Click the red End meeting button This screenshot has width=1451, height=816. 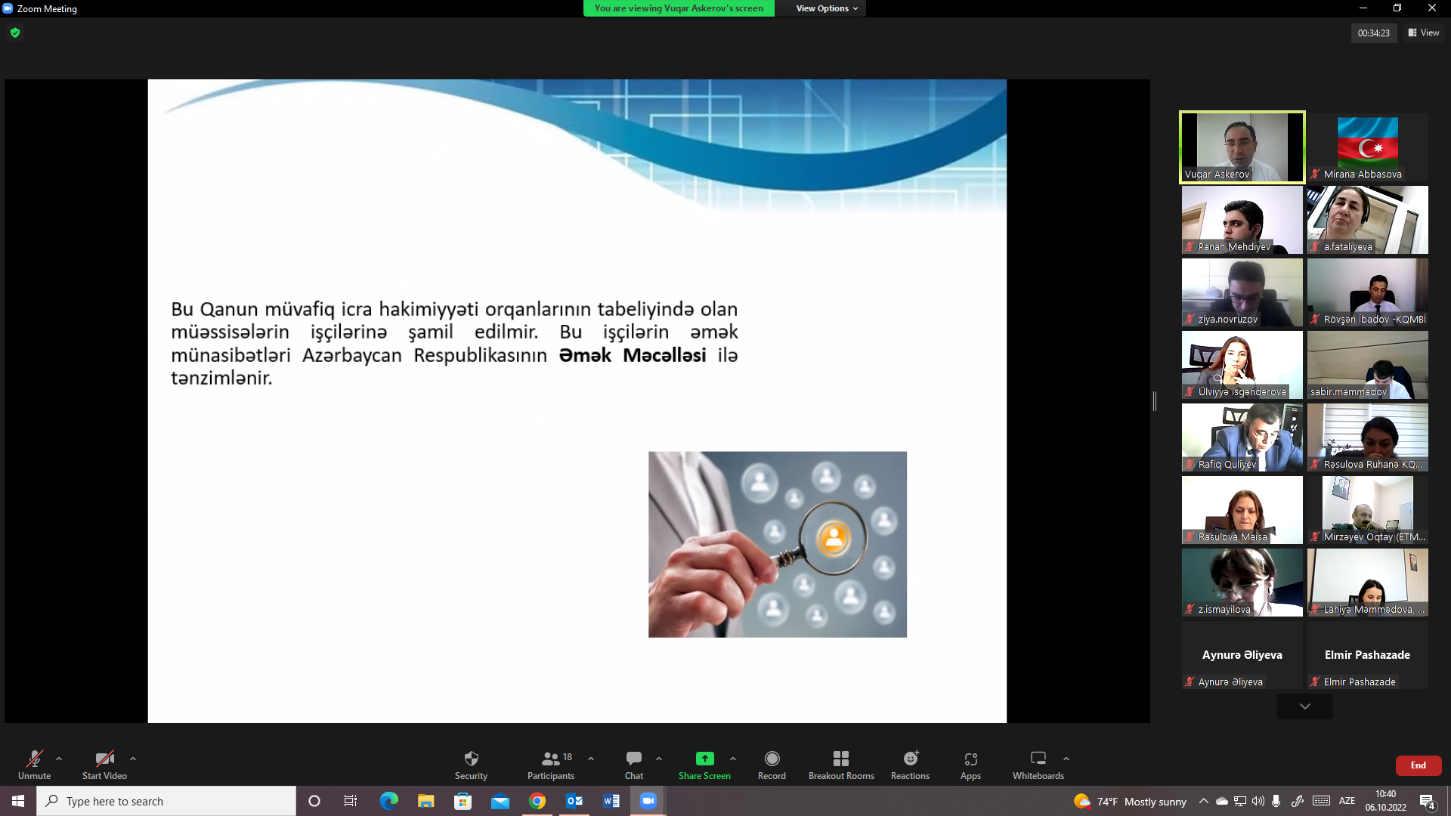coord(1418,765)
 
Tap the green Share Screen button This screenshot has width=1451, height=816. coord(704,765)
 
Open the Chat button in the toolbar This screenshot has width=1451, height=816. coord(634,765)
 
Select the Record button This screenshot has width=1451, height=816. coord(772,765)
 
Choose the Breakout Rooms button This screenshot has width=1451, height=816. coord(841,765)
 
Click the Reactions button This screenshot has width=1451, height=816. coord(910,765)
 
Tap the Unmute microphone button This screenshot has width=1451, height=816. coord(35,765)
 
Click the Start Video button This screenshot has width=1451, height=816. coord(104,765)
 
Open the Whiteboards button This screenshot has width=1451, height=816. coord(1038,765)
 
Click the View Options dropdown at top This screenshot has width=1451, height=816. coord(827,8)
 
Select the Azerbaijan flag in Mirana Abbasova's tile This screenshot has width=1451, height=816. coord(1367,142)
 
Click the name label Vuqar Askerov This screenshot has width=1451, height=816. coord(1217,175)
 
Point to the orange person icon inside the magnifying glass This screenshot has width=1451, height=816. coord(834,538)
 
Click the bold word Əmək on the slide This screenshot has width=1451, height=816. coord(585,355)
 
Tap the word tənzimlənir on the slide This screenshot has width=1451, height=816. coord(221,378)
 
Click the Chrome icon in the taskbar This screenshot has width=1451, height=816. coord(537,801)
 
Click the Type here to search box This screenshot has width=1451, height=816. coord(166,801)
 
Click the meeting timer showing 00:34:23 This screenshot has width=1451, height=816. coord(1373,33)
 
